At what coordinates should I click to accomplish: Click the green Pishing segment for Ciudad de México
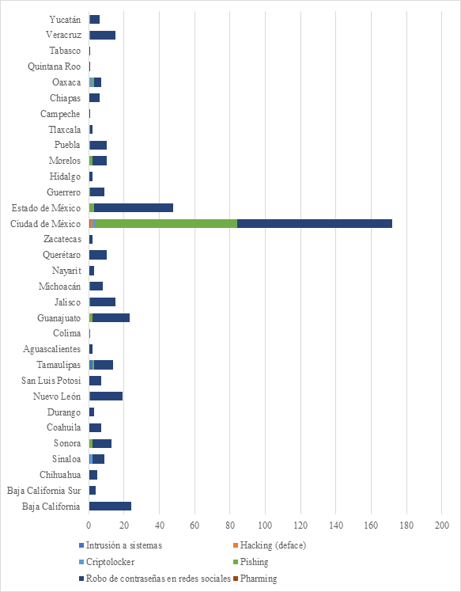pyautogui.click(x=166, y=223)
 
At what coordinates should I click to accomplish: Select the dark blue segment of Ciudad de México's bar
pyautogui.click(x=315, y=223)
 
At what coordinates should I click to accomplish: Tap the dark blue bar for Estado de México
pyautogui.click(x=134, y=207)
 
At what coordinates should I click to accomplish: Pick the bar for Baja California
pyautogui.click(x=110, y=506)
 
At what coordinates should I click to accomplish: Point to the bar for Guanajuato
pyautogui.click(x=109, y=317)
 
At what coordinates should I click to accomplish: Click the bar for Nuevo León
pyautogui.click(x=106, y=396)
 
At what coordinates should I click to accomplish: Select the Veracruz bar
pyautogui.click(x=102, y=35)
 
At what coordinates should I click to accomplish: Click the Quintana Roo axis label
pyautogui.click(x=55, y=66)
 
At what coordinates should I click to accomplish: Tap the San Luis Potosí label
pyautogui.click(x=51, y=380)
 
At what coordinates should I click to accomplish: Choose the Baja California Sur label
pyautogui.click(x=43, y=491)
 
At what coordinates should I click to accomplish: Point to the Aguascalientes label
pyautogui.click(x=51, y=349)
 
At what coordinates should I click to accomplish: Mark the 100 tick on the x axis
pyautogui.click(x=265, y=525)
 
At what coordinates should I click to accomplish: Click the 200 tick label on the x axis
pyautogui.click(x=442, y=525)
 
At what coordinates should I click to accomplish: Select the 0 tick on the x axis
pyautogui.click(x=89, y=525)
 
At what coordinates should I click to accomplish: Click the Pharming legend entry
pyautogui.click(x=255, y=579)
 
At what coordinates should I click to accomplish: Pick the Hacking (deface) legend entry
pyautogui.click(x=270, y=545)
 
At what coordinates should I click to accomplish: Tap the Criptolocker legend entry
pyautogui.click(x=107, y=562)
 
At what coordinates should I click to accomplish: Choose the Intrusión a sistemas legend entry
pyautogui.click(x=120, y=545)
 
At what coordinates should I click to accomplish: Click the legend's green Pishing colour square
pyautogui.click(x=236, y=562)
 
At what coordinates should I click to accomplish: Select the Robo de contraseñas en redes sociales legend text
pyautogui.click(x=158, y=579)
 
